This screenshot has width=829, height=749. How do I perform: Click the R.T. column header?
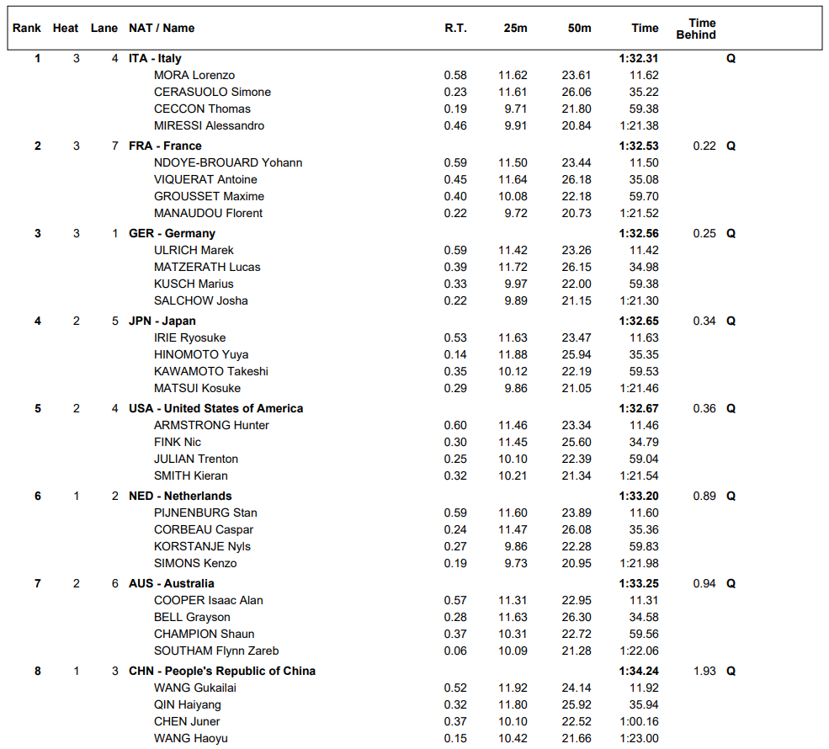coord(455,28)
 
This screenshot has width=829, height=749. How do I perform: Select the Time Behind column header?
coord(696,29)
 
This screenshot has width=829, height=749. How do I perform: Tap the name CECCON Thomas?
coord(202,109)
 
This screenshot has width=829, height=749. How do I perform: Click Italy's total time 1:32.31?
coord(638,58)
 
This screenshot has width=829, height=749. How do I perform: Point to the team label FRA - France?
coord(165,146)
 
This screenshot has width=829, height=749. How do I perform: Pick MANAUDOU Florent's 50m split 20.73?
coord(577,213)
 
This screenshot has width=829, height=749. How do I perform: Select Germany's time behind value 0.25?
coord(704,233)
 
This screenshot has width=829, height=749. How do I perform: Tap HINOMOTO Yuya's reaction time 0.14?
coord(455,354)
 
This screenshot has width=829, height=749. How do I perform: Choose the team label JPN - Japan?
coord(162,321)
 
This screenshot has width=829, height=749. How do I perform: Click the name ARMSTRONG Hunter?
coord(211,425)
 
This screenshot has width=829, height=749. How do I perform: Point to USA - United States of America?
coord(215,408)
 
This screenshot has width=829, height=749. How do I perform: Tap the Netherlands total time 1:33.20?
coord(638,496)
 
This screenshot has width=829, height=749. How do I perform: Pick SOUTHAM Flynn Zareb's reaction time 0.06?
coord(455,651)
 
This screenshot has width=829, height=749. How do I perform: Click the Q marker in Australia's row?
coord(731,583)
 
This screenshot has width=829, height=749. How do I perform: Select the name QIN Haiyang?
coord(188,704)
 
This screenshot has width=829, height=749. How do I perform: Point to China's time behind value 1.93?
coord(704,671)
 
